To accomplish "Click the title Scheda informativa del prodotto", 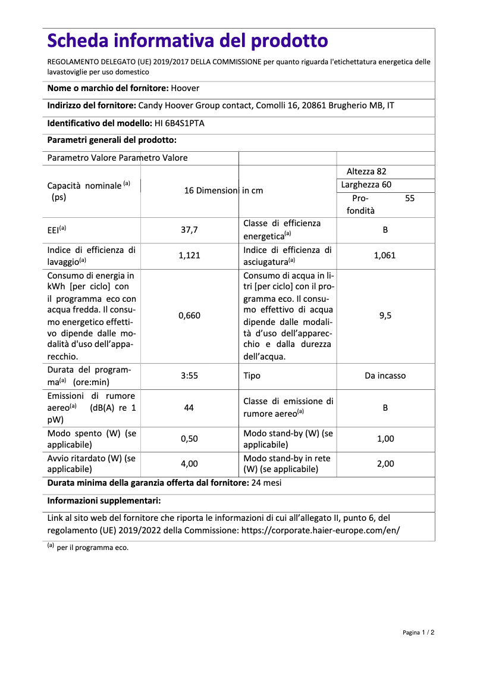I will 187,40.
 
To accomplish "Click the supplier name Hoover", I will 185,88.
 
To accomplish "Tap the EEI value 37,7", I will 189,230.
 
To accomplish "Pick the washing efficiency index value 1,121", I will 189,255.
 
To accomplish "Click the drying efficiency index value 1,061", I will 385,255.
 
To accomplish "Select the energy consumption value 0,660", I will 189,315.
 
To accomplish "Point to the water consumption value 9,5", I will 385,315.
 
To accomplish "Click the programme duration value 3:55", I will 189,376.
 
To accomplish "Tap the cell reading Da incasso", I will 385,376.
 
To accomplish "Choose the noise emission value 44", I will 189,408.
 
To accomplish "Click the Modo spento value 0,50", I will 189,439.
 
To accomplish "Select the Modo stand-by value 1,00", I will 385,439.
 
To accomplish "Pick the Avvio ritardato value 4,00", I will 189,464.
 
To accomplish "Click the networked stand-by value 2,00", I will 385,464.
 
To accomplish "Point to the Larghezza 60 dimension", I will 366,185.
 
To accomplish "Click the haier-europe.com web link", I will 320,530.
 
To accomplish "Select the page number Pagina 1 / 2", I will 418,632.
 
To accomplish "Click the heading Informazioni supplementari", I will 104,501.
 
